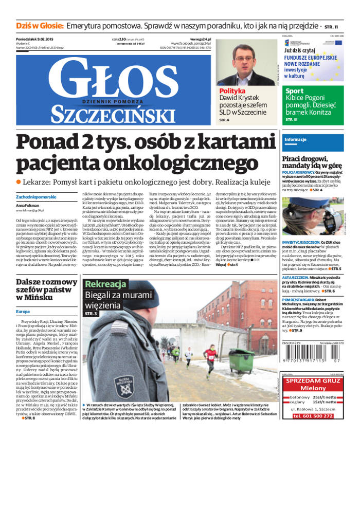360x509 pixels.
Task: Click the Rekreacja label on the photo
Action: (105, 284)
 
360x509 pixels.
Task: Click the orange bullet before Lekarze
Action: (19, 181)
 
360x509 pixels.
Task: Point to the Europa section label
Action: (23, 312)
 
